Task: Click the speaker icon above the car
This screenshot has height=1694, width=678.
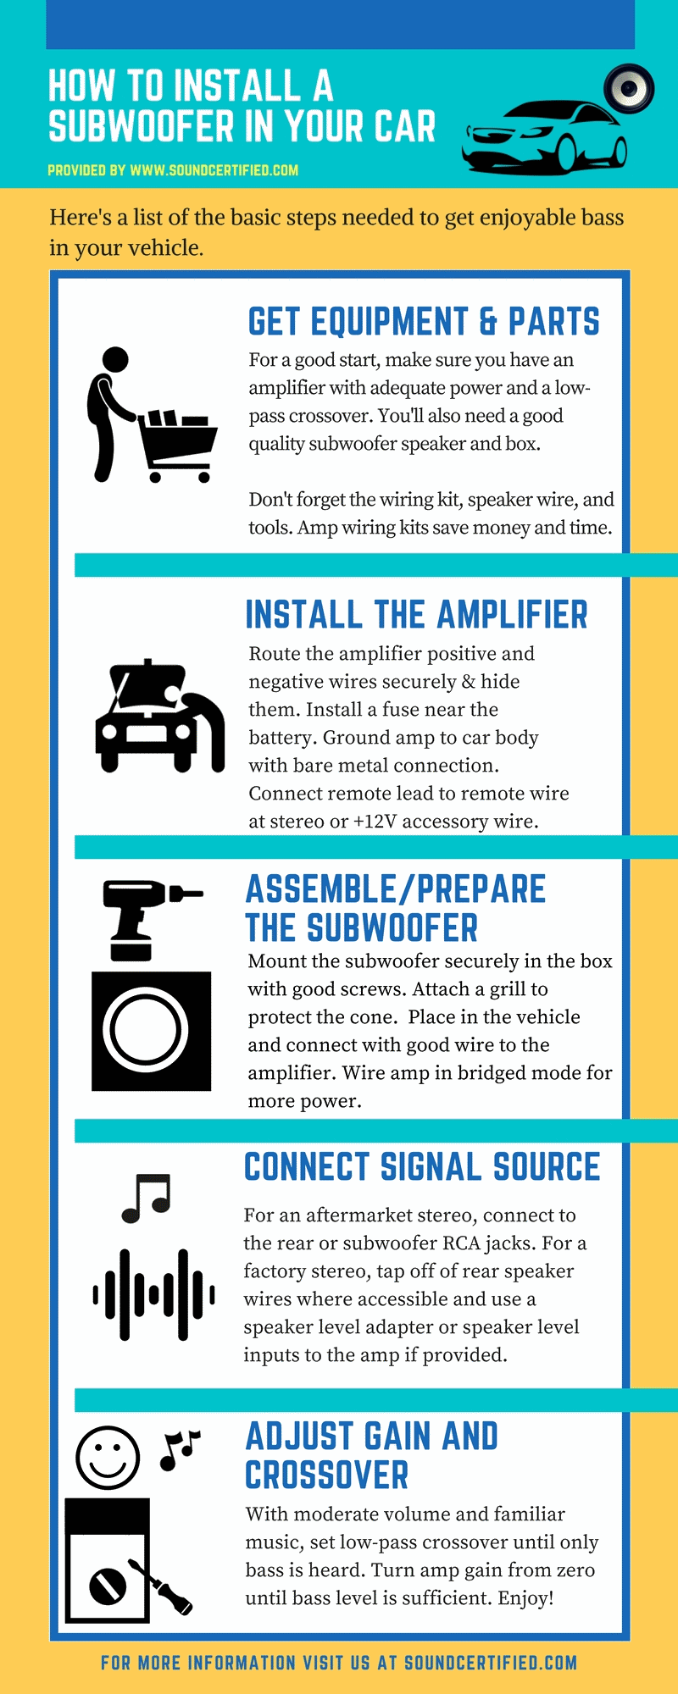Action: (628, 87)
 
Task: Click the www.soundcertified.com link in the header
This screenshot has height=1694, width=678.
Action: (214, 170)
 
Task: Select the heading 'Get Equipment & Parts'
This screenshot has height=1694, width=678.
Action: (424, 323)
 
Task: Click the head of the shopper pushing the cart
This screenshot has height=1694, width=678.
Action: (114, 359)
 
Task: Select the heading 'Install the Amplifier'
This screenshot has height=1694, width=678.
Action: (416, 615)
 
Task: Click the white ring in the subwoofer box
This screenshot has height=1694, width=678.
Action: (146, 1031)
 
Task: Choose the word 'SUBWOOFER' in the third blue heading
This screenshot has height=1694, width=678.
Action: (392, 928)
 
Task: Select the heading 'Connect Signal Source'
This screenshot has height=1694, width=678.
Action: (422, 1167)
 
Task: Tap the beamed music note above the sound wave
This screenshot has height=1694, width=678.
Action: (147, 1198)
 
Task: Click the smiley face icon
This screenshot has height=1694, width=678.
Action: (108, 1458)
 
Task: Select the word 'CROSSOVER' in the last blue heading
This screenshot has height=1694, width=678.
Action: (327, 1476)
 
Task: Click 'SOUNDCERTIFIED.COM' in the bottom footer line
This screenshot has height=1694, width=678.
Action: (491, 1663)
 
